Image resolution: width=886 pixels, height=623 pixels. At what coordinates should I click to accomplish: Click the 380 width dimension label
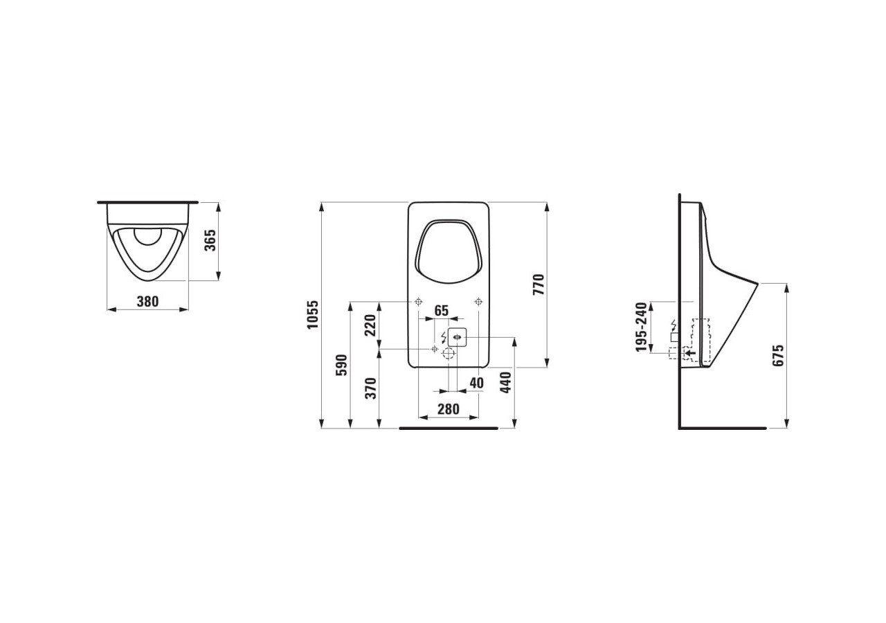(147, 301)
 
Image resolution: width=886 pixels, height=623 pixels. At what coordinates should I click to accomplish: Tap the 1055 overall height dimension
(314, 315)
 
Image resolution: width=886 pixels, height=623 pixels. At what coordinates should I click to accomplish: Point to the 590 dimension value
(341, 365)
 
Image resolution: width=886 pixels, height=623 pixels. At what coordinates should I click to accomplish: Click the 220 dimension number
(370, 324)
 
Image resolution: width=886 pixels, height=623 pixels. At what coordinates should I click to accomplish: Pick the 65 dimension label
(442, 311)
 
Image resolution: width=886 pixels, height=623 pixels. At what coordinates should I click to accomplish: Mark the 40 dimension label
(476, 383)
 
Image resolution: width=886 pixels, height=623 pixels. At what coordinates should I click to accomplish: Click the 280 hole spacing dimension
(449, 409)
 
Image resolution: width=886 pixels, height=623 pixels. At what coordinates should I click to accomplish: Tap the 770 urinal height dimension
(539, 285)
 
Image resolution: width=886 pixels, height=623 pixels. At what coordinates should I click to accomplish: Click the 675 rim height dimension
(779, 355)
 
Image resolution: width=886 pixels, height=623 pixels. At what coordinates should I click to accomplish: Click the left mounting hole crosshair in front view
(418, 302)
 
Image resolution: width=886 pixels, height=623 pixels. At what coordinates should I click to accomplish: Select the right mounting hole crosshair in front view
(478, 302)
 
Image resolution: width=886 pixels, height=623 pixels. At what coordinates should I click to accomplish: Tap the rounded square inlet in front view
(457, 338)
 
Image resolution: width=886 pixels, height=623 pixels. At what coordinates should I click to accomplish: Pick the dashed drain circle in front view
(449, 354)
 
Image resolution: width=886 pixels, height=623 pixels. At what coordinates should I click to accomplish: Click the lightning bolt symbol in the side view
(673, 325)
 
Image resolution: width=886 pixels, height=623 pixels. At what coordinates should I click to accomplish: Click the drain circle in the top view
(147, 237)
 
